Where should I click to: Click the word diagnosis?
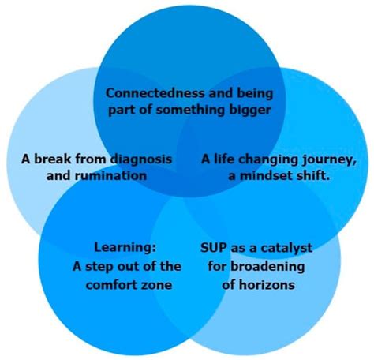[140, 159]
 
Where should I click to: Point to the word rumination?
[111, 175]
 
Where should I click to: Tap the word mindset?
[265, 176]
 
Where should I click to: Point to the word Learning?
[125, 248]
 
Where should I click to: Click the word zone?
[158, 286]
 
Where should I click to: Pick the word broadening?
[267, 267]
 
